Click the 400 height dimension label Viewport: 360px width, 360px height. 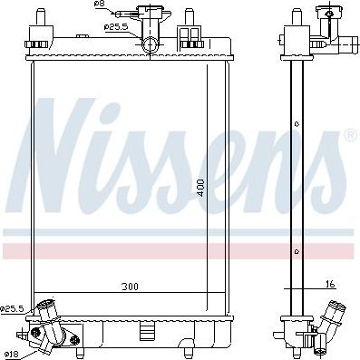click(x=201, y=188)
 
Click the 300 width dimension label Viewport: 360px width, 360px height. click(x=130, y=286)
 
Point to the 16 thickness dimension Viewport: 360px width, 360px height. click(x=330, y=284)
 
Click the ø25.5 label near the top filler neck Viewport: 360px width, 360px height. click(x=116, y=27)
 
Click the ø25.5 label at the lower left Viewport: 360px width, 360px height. click(x=12, y=309)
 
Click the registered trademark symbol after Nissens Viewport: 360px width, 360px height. click(x=351, y=135)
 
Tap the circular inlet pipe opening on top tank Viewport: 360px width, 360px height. click(x=150, y=45)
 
